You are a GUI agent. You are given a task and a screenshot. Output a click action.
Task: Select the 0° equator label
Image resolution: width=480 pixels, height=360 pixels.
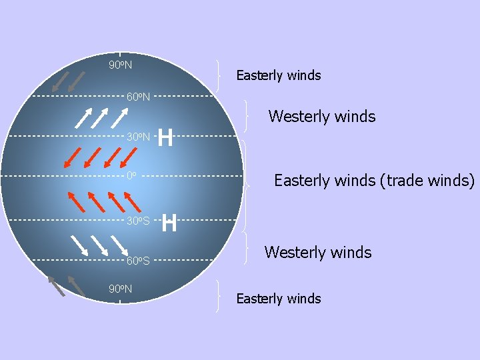pyautogui.click(x=131, y=177)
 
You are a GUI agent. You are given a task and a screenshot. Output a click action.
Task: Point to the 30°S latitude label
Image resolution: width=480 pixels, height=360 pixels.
pyautogui.click(x=138, y=221)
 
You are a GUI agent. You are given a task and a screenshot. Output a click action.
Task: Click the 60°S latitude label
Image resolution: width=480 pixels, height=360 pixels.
pyautogui.click(x=138, y=261)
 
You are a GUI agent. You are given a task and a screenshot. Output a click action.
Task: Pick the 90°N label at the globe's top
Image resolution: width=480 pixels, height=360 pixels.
pyautogui.click(x=120, y=65)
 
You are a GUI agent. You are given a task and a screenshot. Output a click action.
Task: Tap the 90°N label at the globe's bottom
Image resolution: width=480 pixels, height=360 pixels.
pyautogui.click(x=120, y=289)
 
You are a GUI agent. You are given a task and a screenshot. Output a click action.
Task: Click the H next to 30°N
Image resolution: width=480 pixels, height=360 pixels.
pyautogui.click(x=166, y=138)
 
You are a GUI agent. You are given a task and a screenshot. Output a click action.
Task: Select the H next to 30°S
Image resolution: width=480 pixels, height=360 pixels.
pyautogui.click(x=169, y=223)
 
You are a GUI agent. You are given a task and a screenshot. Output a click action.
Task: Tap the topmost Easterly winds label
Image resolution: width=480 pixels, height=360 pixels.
pyautogui.click(x=279, y=75)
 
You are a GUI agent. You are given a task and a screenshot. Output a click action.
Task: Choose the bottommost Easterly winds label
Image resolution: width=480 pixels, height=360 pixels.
pyautogui.click(x=279, y=299)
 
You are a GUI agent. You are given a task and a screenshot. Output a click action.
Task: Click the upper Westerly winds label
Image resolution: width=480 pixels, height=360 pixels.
pyautogui.click(x=322, y=117)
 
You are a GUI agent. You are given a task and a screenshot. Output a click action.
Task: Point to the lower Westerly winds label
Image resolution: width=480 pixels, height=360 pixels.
pyautogui.click(x=318, y=253)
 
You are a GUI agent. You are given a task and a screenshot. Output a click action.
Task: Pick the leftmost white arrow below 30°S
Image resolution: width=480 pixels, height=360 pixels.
pyautogui.click(x=79, y=245)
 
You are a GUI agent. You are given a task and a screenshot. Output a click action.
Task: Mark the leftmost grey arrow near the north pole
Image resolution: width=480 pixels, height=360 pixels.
pyautogui.click(x=60, y=81)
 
